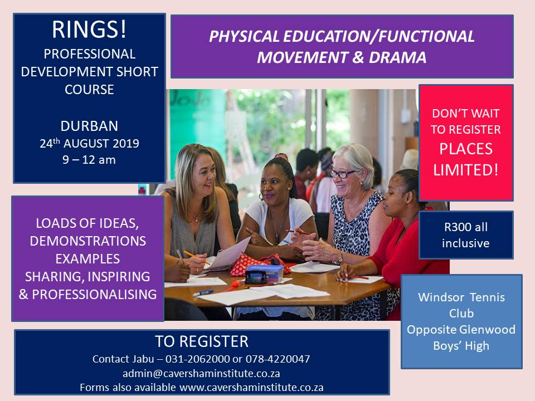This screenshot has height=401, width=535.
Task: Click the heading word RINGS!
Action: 89,30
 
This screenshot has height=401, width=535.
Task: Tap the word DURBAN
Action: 89,126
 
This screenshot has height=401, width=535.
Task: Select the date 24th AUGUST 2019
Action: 89,143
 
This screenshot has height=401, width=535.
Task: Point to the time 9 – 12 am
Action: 89,160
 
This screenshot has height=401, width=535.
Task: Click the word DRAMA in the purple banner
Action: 397,57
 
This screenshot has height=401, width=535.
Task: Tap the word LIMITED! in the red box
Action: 466,169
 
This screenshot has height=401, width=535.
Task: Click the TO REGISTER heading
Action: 202,341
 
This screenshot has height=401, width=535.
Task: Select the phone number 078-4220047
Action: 278,359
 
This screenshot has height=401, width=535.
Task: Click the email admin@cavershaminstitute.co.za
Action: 201,373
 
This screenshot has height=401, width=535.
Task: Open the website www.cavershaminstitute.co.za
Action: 251,388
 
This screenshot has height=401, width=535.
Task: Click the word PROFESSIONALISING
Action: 94,294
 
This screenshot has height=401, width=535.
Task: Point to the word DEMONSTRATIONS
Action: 87,241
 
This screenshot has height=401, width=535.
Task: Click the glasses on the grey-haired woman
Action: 342,174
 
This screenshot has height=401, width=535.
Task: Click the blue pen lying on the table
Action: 203,293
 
